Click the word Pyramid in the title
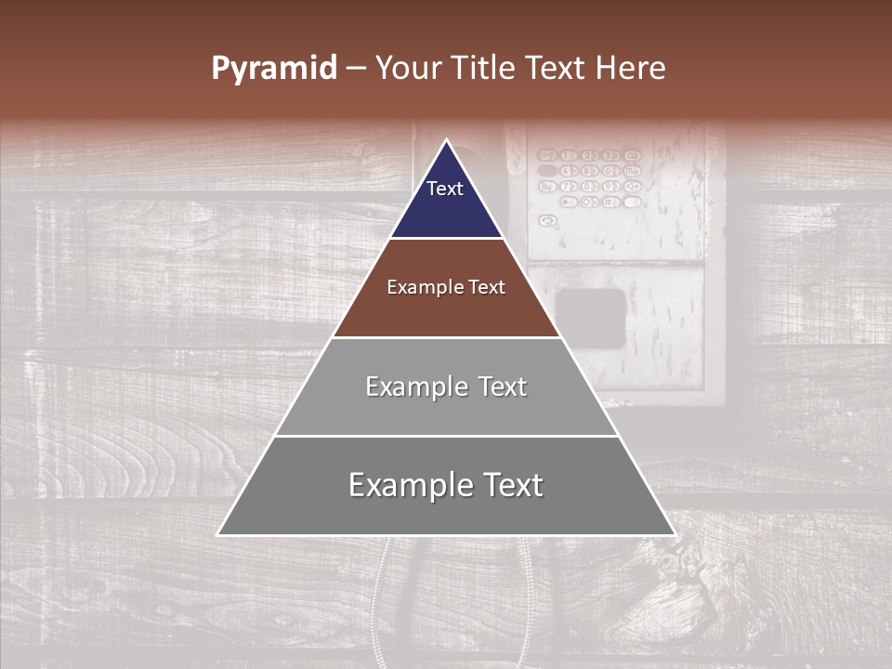pyautogui.click(x=273, y=69)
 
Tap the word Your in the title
pyautogui.click(x=412, y=69)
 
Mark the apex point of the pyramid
pyautogui.click(x=446, y=140)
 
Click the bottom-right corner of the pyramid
pyautogui.click(x=675, y=535)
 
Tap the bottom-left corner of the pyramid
pyautogui.click(x=217, y=535)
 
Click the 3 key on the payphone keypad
pyautogui.click(x=610, y=155)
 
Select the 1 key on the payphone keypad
pyautogui.click(x=569, y=155)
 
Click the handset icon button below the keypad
pyautogui.click(x=548, y=220)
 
